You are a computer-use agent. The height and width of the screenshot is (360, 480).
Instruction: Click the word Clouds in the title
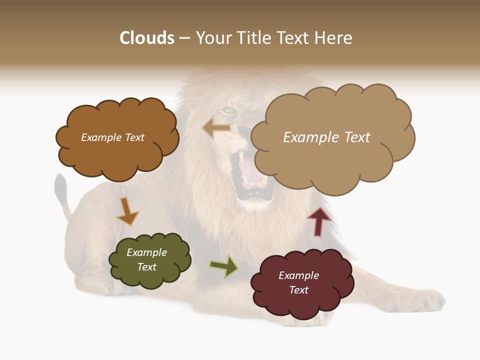point(147,38)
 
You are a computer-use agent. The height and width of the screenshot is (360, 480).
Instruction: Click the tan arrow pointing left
point(216,128)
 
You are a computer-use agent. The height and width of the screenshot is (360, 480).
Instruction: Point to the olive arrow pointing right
point(224,266)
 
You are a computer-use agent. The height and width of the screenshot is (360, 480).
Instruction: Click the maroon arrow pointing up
point(319,221)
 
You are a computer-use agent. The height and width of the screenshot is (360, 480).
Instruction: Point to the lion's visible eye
point(228,110)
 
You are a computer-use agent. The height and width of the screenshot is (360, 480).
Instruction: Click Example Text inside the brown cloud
point(112,137)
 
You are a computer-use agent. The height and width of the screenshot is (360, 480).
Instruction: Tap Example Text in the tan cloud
point(326,137)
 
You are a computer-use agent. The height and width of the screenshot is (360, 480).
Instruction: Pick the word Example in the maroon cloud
point(298,275)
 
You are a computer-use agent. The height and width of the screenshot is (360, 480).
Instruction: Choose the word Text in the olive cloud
point(147,267)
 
